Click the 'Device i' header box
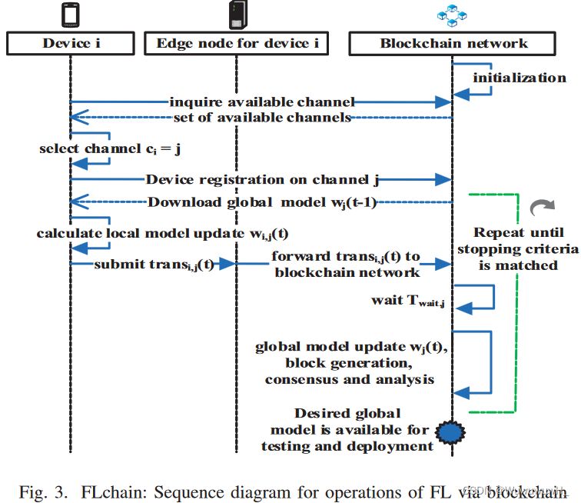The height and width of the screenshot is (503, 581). pyautogui.click(x=71, y=43)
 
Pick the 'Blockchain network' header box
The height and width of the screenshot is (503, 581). pyautogui.click(x=453, y=43)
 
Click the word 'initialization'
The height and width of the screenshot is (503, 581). pyautogui.click(x=520, y=77)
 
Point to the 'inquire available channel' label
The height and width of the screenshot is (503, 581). pyautogui.click(x=262, y=102)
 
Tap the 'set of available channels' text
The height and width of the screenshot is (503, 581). pyautogui.click(x=262, y=118)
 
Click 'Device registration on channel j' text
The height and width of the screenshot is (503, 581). pyautogui.click(x=262, y=179)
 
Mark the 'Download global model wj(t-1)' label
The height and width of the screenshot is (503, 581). pyautogui.click(x=262, y=203)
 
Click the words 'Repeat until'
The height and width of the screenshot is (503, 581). pyautogui.click(x=518, y=232)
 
